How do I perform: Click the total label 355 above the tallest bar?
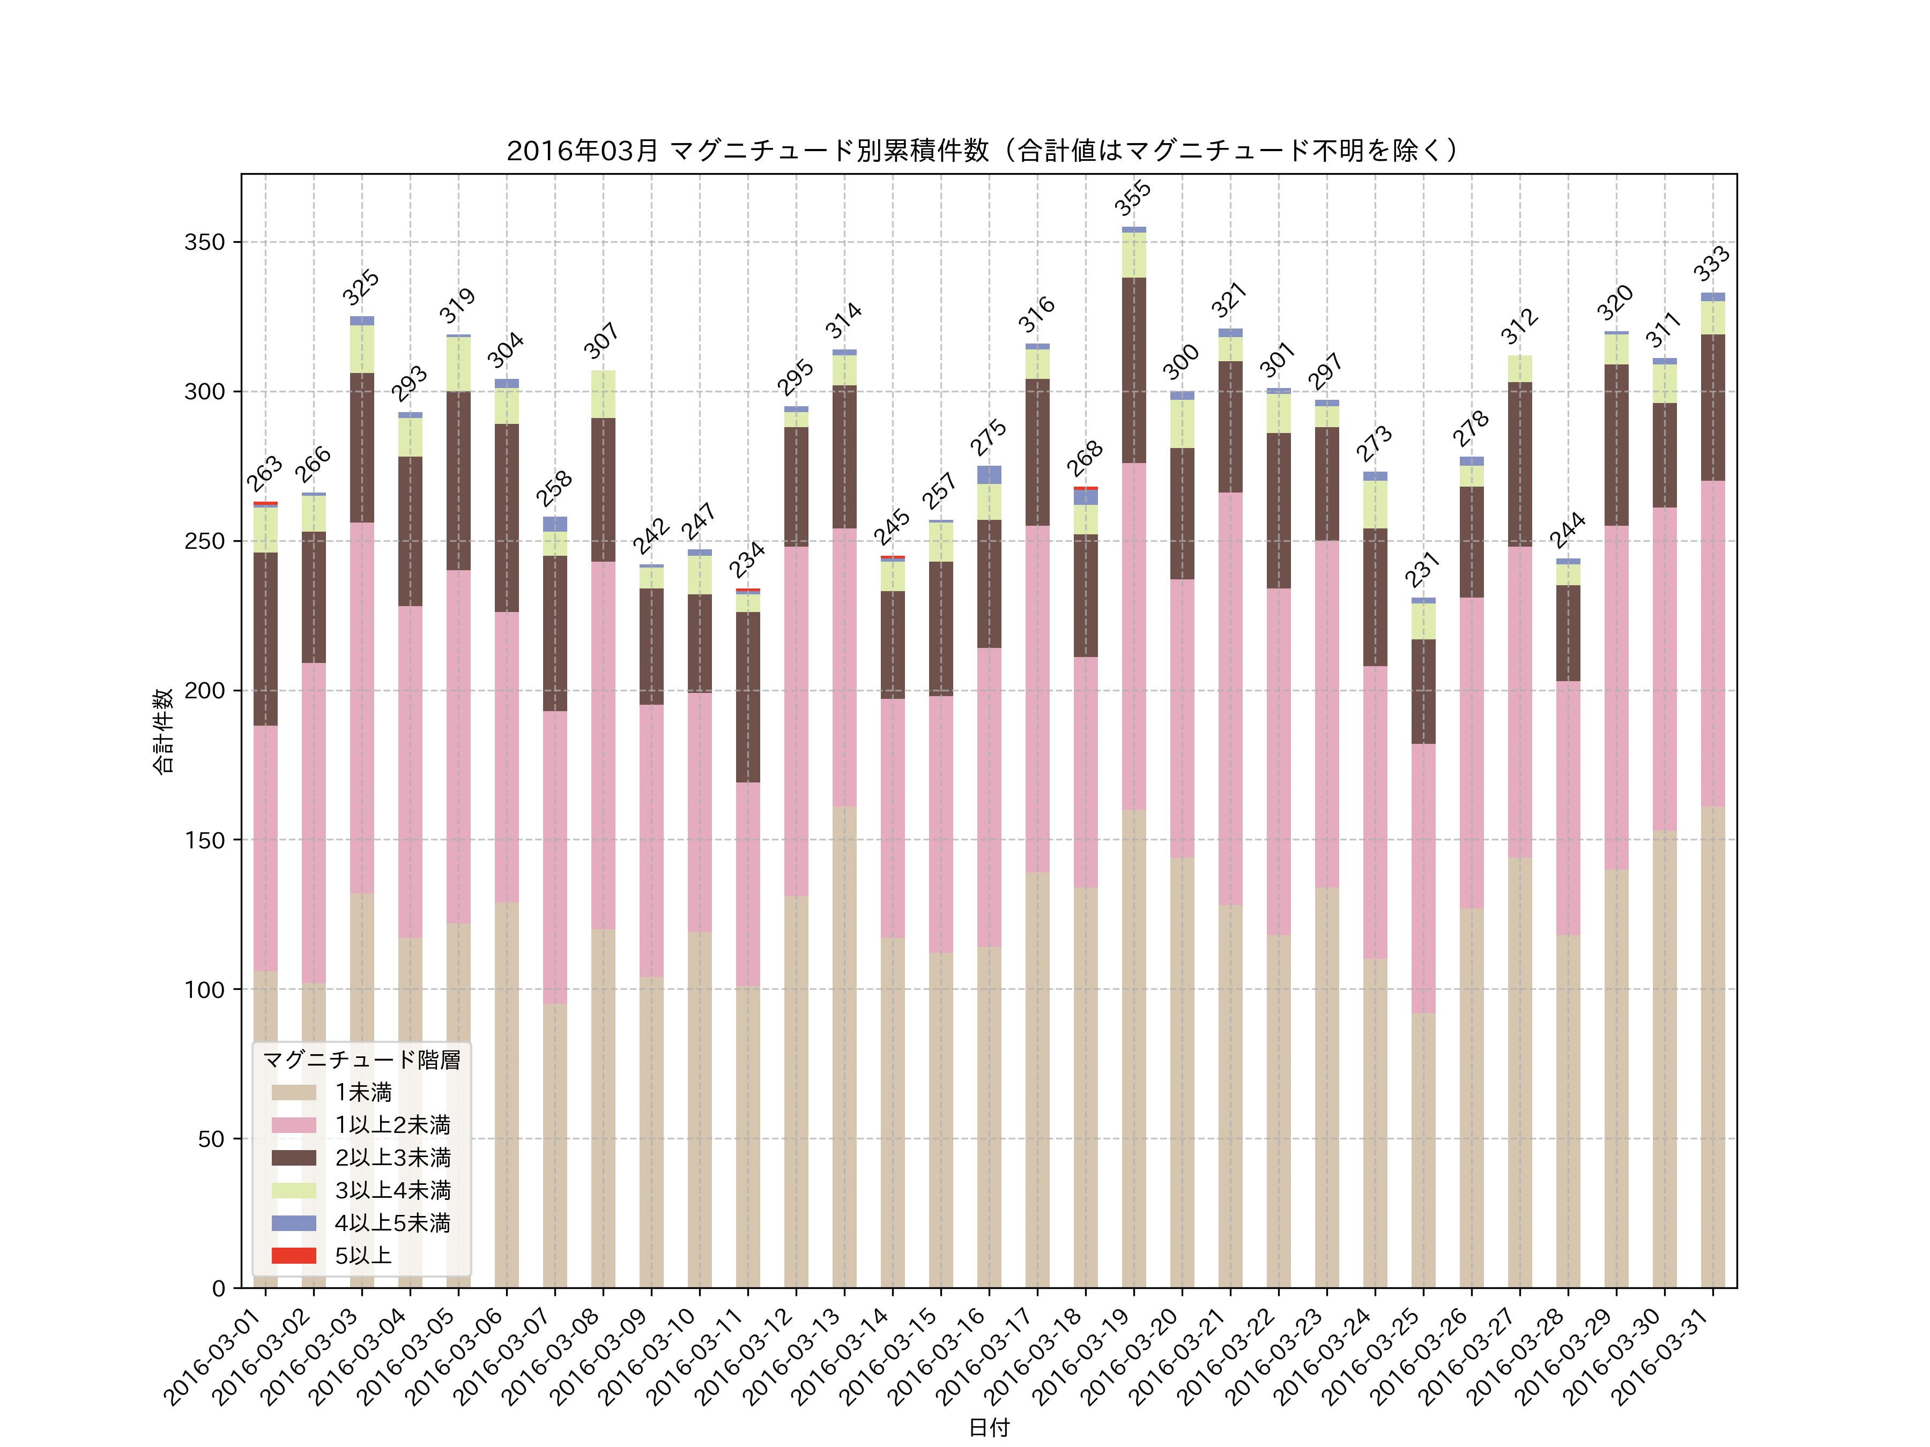coord(1132,198)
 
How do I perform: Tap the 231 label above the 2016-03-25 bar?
coord(1422,570)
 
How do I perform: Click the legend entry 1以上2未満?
coord(392,1125)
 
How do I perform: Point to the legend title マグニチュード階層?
coord(361,1060)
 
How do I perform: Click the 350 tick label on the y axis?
coord(204,242)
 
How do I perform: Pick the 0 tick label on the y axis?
coord(218,1288)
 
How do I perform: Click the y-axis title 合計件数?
coord(163,731)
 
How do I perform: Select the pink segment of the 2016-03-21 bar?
coord(1230,698)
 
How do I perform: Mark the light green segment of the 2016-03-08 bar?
coord(603,394)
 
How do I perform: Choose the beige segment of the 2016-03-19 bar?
coord(1133,1047)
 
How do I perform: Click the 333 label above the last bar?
coord(1711,264)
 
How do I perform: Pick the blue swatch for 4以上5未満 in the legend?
coord(293,1223)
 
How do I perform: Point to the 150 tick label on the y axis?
coord(204,840)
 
